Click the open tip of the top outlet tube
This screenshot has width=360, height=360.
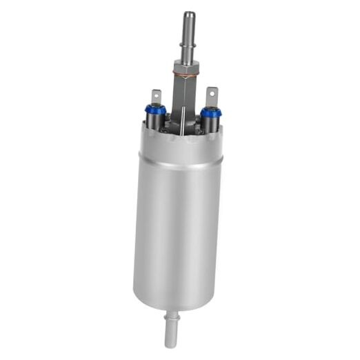(x=189, y=14)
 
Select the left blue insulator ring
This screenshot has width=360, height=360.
(x=155, y=109)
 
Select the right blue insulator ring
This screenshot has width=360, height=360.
(x=210, y=110)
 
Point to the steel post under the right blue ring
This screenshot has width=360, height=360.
(x=210, y=123)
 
